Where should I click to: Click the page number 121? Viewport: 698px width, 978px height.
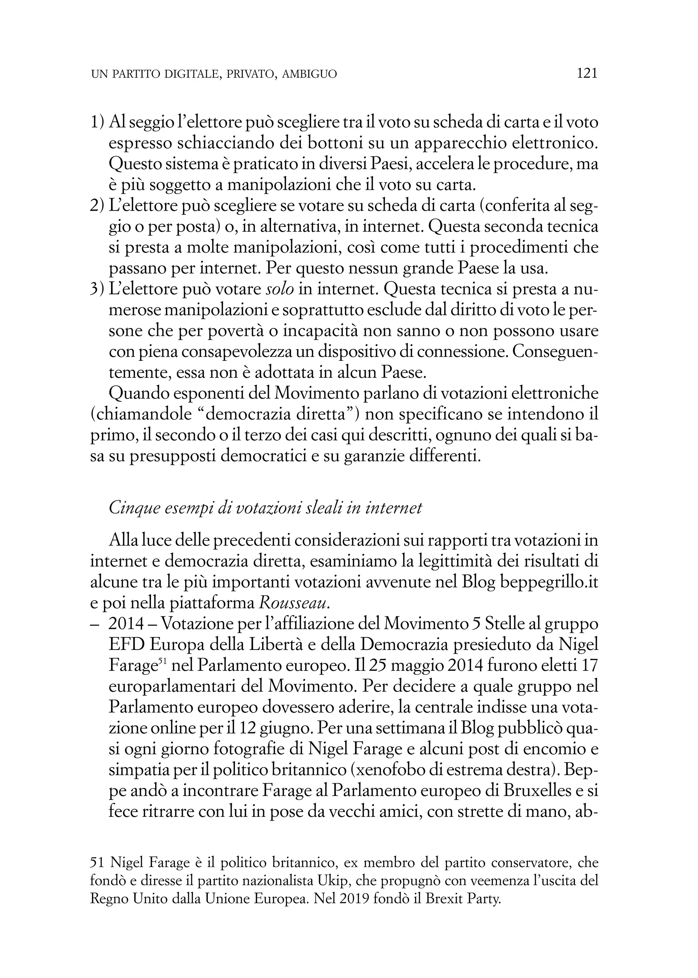(587, 74)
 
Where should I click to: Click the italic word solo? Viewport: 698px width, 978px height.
(280, 290)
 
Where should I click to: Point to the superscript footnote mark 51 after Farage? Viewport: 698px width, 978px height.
(163, 662)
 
